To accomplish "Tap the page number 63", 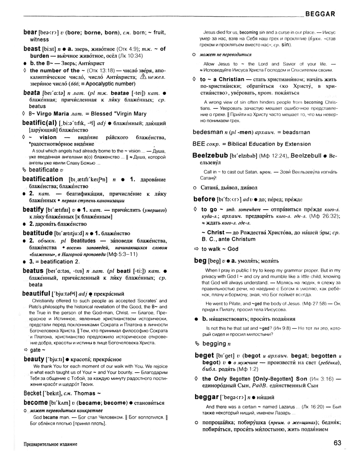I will (x=337, y=443).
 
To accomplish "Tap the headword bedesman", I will (x=208, y=132).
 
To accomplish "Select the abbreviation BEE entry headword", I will (x=199, y=144).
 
